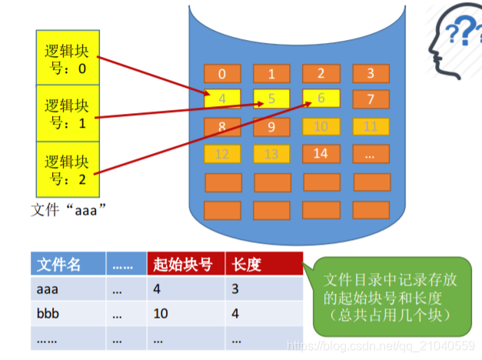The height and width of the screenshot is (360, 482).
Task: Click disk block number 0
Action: (x=222, y=75)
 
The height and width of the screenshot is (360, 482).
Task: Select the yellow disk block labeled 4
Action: (x=222, y=99)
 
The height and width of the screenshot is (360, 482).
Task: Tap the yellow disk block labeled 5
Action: (x=271, y=99)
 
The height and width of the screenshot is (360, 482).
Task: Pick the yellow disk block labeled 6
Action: (x=321, y=99)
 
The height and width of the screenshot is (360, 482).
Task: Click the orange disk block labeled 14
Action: (x=321, y=154)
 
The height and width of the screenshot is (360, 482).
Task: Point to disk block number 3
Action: (x=371, y=75)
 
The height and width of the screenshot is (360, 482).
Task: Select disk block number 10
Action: (x=321, y=127)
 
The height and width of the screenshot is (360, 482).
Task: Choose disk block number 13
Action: (x=271, y=154)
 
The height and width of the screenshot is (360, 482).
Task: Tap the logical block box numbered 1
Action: (x=68, y=112)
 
